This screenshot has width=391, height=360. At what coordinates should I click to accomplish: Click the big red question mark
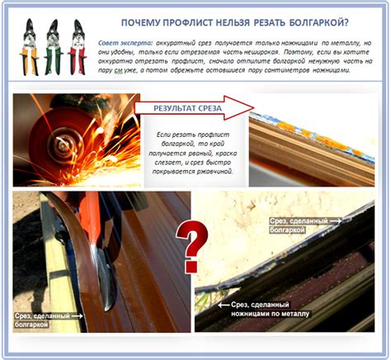(x=193, y=244)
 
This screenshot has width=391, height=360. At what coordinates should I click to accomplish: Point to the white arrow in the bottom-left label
(x=77, y=315)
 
